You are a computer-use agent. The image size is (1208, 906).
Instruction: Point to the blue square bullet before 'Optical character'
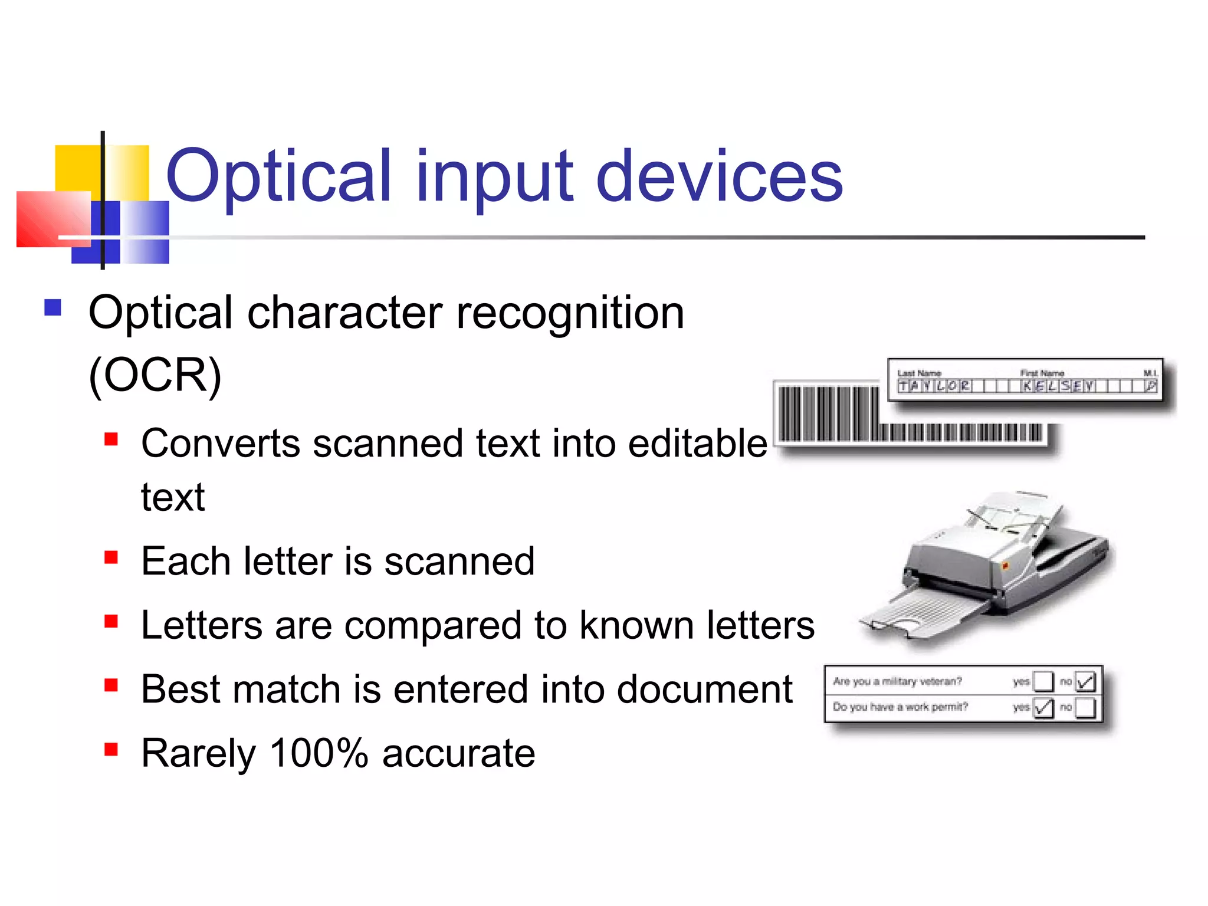point(53,307)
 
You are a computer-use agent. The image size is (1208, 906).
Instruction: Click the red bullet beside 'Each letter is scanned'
point(111,557)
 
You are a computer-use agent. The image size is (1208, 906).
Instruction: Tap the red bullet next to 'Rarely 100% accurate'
point(111,749)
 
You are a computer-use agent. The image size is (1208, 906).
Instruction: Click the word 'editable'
point(697,443)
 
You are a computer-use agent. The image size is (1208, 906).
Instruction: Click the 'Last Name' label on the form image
point(918,373)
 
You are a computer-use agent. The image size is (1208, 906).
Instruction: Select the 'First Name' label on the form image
point(1042,373)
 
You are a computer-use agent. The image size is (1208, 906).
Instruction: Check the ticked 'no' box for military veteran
point(1085,682)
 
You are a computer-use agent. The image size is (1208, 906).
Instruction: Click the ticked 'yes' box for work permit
point(1043,707)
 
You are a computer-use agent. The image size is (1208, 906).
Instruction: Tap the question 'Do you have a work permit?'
point(900,707)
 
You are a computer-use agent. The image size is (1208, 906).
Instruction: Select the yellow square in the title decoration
point(78,168)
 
